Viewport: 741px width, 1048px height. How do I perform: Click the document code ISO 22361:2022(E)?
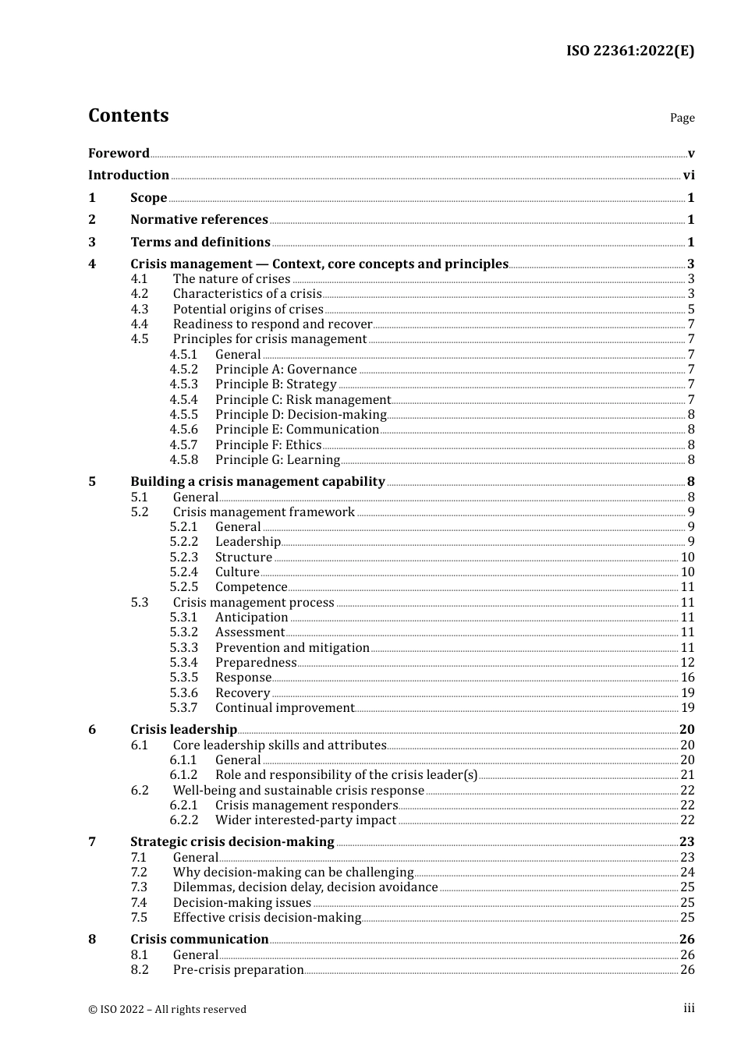pos(629,51)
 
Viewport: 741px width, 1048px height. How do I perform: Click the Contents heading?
pos(128,115)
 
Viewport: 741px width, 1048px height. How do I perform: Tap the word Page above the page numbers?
pos(682,118)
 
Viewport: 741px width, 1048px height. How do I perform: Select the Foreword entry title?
pos(119,154)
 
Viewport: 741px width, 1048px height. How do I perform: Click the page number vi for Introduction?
pos(689,175)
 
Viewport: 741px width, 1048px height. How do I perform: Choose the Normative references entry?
pos(199,220)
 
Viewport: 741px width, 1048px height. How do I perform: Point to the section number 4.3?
pos(140,310)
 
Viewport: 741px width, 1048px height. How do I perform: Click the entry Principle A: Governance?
pos(285,370)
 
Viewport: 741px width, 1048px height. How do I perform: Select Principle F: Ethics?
pos(268,445)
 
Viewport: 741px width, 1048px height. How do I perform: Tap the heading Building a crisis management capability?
pos(257,482)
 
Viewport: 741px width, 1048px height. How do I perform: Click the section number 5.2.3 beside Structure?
pos(184,558)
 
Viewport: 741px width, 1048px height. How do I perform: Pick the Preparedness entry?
pos(256,663)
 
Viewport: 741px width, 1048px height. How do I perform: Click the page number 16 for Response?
pos(687,678)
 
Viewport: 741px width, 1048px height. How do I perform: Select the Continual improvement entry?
pos(285,708)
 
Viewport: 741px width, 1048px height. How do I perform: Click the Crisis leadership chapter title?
pos(183,730)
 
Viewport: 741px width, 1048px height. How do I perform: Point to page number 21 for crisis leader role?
pos(687,775)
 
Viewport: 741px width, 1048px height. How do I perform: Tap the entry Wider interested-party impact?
pos(306,820)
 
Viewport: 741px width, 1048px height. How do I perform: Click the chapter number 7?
pos(92,842)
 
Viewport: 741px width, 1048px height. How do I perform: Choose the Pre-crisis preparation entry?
pos(238,970)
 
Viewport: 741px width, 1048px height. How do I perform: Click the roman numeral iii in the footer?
pos(689,1008)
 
